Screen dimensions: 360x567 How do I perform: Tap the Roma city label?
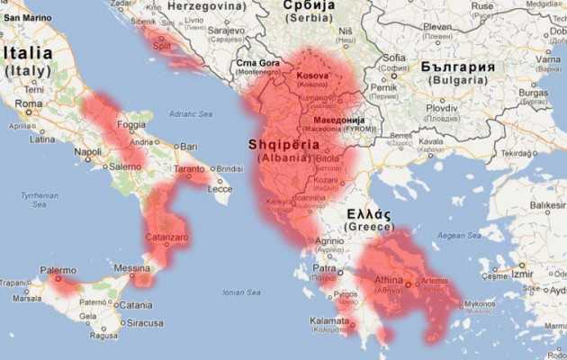click(x=29, y=103)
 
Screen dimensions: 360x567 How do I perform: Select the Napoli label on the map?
click(x=87, y=152)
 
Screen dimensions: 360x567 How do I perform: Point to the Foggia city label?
click(x=131, y=124)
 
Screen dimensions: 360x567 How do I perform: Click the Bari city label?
click(x=188, y=146)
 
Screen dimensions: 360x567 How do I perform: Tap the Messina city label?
click(x=131, y=268)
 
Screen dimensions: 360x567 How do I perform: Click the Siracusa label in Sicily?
click(x=145, y=322)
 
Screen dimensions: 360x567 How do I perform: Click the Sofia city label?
click(x=393, y=58)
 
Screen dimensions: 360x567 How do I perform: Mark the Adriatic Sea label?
click(x=189, y=114)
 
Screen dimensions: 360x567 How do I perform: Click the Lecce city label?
click(x=219, y=189)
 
